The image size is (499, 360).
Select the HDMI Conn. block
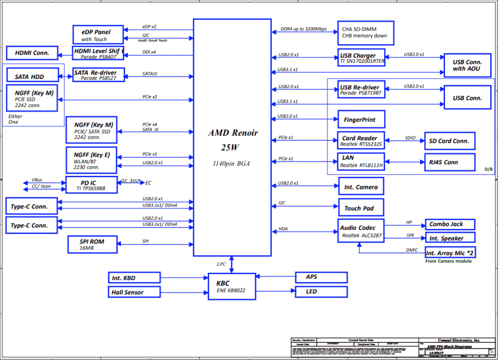tap(32, 53)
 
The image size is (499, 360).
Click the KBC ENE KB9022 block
tap(231, 286)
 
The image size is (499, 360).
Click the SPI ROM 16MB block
tap(92, 245)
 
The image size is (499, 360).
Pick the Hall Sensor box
tap(134, 292)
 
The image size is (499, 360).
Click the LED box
tap(321, 292)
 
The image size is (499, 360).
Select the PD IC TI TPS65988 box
tap(91, 185)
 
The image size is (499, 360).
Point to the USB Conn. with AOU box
tap(467, 65)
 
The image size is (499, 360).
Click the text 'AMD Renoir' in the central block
tap(233, 133)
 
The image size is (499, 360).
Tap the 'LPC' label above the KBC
tap(222, 264)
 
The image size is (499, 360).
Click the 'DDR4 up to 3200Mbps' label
tap(304, 29)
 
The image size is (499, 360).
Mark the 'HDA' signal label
tap(283, 228)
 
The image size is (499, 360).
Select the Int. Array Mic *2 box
tap(450, 253)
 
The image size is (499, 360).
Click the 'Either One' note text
tap(15, 119)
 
